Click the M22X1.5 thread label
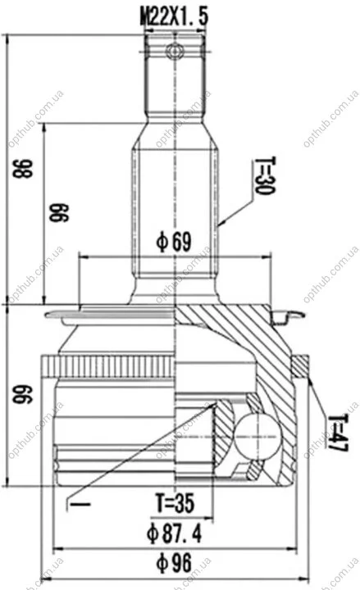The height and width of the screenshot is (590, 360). [174, 17]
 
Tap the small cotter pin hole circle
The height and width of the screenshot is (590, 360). [175, 51]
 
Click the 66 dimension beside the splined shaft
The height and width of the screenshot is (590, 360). [59, 212]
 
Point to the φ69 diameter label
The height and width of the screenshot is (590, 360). [174, 242]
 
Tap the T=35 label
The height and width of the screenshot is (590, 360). [175, 503]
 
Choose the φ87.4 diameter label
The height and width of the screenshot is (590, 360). [174, 533]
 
